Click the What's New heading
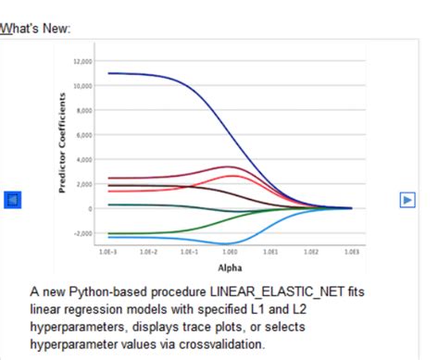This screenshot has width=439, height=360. (35, 29)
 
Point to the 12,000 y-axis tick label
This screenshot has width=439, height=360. (82, 61)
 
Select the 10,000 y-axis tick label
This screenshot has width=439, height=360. (82, 86)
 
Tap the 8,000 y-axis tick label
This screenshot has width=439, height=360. (84, 110)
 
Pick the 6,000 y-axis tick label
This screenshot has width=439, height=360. (84, 135)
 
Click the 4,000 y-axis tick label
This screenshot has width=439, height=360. (84, 159)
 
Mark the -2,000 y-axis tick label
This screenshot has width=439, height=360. (83, 233)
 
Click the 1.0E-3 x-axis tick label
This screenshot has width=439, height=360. (108, 251)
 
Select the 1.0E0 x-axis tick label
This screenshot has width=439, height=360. (230, 251)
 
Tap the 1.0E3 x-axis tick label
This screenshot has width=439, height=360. (351, 251)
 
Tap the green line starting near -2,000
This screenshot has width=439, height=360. (139, 232)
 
